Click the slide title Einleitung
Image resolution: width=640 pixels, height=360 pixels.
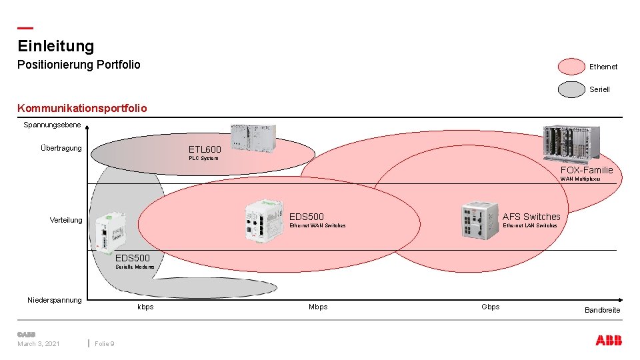click(x=56, y=46)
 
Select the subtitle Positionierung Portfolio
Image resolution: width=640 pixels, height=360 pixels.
click(x=79, y=65)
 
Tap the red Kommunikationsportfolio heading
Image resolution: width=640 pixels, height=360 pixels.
click(x=82, y=108)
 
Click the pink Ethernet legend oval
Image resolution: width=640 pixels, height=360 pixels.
click(x=571, y=67)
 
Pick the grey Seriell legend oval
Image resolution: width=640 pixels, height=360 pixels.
click(x=571, y=89)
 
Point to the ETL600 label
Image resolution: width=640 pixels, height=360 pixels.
click(x=205, y=149)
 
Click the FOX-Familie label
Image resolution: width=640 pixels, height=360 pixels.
click(x=586, y=170)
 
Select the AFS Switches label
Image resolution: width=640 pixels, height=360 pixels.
click(x=531, y=217)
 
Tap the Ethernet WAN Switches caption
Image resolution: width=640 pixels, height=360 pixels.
click(x=317, y=226)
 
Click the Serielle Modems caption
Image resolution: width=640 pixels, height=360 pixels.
click(x=135, y=267)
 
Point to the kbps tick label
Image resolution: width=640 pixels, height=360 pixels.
click(x=145, y=307)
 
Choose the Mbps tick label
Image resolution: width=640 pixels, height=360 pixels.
click(x=318, y=307)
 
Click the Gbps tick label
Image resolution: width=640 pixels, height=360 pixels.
click(x=490, y=307)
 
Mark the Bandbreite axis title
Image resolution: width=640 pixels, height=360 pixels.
click(x=602, y=310)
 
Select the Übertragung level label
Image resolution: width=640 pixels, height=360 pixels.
click(x=61, y=148)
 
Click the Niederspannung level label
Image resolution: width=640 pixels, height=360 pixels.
click(x=55, y=300)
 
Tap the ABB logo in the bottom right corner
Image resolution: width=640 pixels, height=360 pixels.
click(x=609, y=341)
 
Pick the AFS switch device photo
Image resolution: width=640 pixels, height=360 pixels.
click(x=479, y=218)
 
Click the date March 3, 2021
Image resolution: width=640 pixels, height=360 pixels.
click(x=39, y=343)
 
